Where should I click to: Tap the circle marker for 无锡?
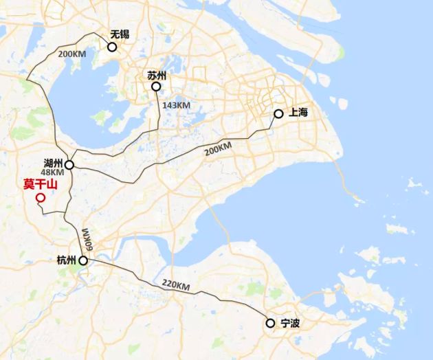[112, 47]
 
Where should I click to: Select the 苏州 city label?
[157, 76]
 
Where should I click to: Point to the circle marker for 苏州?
[157, 87]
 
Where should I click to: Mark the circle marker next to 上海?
[278, 113]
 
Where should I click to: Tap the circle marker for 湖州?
[69, 165]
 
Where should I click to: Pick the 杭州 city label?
[67, 260]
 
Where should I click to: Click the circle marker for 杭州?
[83, 261]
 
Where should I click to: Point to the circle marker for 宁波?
[270, 323]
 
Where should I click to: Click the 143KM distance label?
[176, 106]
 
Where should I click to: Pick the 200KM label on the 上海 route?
[219, 150]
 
